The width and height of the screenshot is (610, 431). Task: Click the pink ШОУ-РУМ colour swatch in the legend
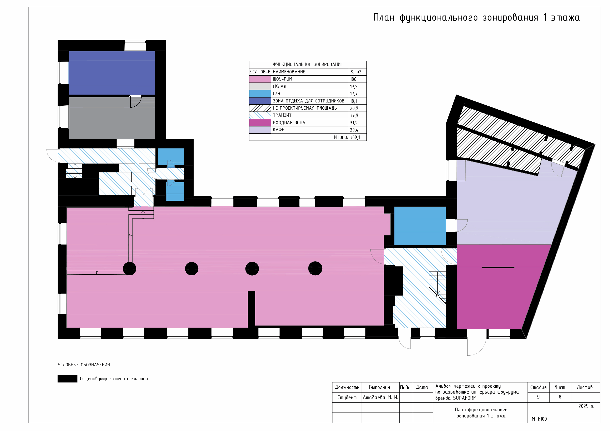260,79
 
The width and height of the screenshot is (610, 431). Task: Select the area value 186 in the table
353,79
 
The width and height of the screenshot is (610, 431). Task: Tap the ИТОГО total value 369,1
355,137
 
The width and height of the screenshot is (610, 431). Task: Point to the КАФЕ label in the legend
278,130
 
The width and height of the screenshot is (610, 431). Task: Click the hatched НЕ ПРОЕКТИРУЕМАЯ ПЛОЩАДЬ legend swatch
260,108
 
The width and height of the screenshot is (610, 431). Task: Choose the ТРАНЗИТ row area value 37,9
354,116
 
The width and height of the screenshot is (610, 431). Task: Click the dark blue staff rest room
112,73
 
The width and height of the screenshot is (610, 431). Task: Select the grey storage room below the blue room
112,118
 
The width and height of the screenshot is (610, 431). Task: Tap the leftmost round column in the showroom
130,268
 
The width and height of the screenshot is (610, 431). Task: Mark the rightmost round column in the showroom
315,268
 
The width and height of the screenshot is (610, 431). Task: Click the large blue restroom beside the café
420,226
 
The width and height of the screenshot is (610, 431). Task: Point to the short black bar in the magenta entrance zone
498,267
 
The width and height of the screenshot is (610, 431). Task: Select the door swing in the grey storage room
136,101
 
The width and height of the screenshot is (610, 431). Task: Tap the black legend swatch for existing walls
67,379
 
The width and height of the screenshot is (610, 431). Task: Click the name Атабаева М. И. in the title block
381,398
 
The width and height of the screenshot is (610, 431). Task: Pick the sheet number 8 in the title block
560,397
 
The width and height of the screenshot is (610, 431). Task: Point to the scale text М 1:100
539,419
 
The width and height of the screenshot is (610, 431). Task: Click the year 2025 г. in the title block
586,406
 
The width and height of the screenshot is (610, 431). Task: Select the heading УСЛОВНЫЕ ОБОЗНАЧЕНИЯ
84,365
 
